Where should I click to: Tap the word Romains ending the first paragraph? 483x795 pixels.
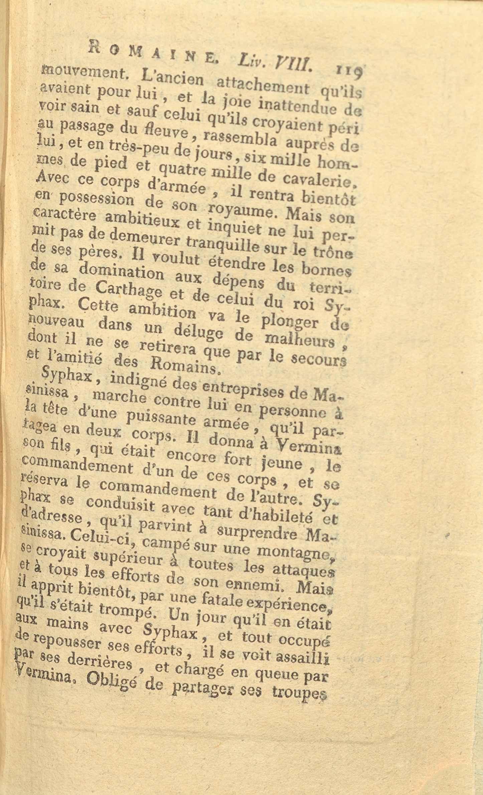[185, 367]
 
